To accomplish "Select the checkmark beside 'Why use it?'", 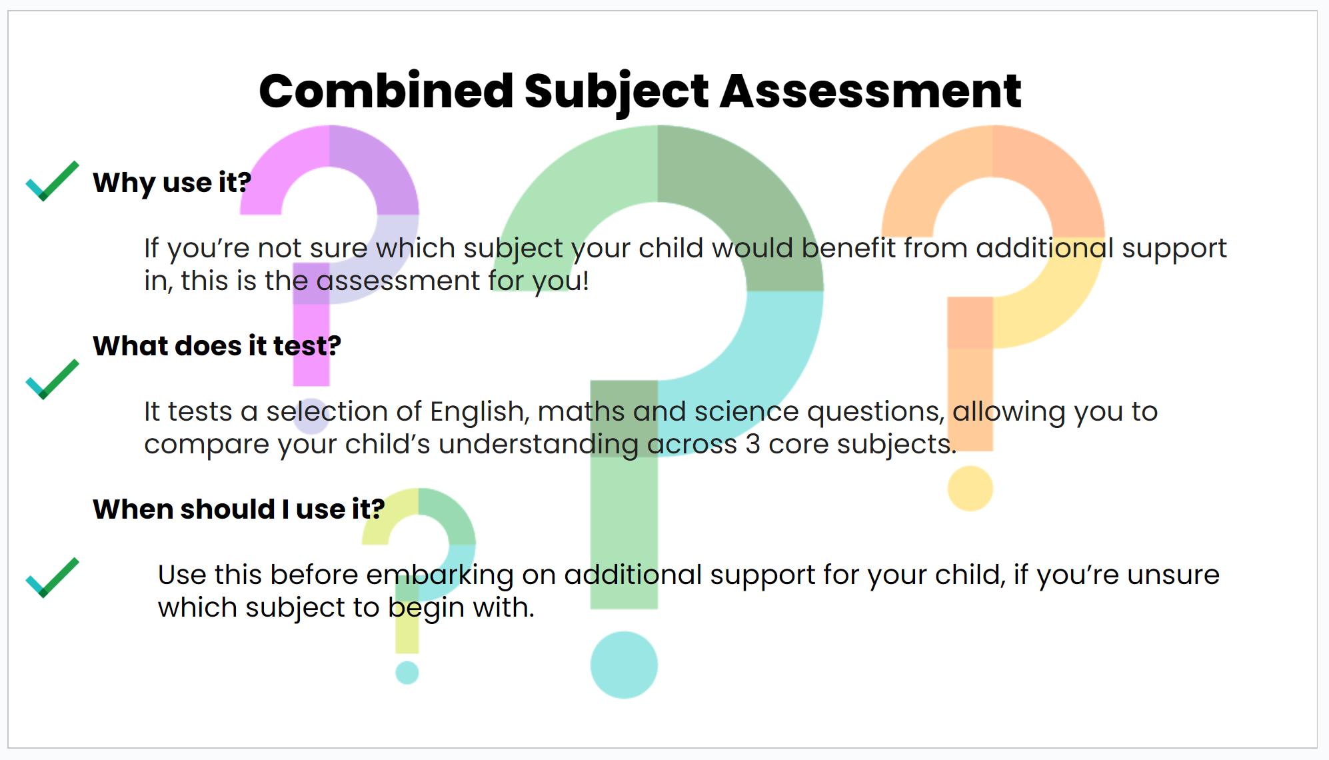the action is click(53, 181).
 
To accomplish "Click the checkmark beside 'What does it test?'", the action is click(53, 379).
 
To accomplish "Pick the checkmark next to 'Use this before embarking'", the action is click(53, 577).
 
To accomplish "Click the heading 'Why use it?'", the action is click(172, 183).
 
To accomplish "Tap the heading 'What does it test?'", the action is click(217, 345).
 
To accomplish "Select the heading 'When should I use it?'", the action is click(239, 509).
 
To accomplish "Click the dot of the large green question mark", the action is click(624, 665).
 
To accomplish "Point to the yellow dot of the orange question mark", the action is click(970, 489).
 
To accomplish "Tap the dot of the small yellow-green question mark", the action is click(407, 672).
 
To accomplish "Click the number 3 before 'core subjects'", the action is click(752, 445).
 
